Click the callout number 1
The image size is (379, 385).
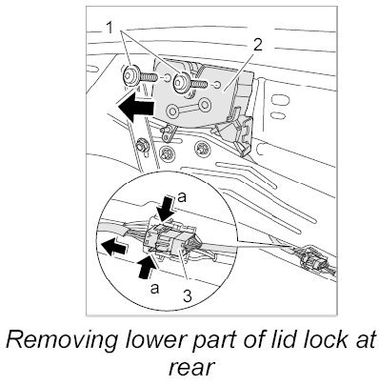click(110, 29)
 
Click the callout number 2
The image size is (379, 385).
click(257, 46)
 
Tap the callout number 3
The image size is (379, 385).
click(188, 296)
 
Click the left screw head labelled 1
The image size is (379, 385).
click(130, 76)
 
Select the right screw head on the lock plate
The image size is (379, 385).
click(181, 82)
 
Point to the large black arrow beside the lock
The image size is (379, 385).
click(134, 107)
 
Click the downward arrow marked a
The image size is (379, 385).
click(166, 210)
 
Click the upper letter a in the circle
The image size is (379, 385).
click(182, 198)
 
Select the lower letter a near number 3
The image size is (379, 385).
click(154, 289)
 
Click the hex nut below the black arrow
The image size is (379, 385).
click(140, 146)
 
